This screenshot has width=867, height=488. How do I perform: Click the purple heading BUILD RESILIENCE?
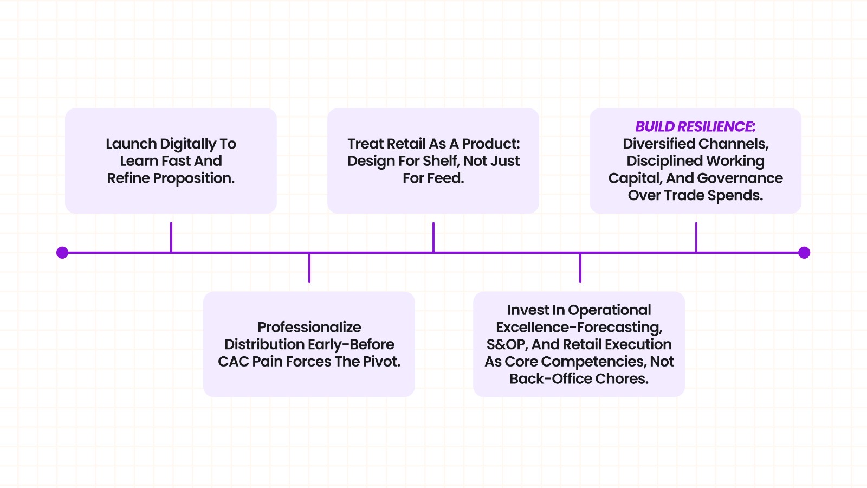(x=695, y=126)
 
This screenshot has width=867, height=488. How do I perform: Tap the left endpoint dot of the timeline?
(x=62, y=253)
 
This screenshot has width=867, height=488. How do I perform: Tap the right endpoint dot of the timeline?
(x=804, y=253)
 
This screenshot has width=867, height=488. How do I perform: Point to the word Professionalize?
(x=309, y=327)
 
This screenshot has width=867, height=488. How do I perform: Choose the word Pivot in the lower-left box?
(x=382, y=362)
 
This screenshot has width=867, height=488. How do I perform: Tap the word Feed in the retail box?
(x=448, y=178)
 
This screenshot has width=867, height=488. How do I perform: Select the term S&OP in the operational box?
(x=506, y=344)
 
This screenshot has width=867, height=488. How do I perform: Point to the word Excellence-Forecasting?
(x=579, y=327)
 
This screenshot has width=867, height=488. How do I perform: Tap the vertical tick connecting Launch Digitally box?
(x=171, y=237)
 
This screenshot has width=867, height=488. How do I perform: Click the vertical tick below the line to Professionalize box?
(x=309, y=268)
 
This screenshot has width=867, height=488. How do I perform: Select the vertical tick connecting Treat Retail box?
(x=433, y=237)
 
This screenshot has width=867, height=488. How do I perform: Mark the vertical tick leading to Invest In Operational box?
(x=580, y=268)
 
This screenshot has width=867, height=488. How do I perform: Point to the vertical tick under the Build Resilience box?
(x=696, y=237)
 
